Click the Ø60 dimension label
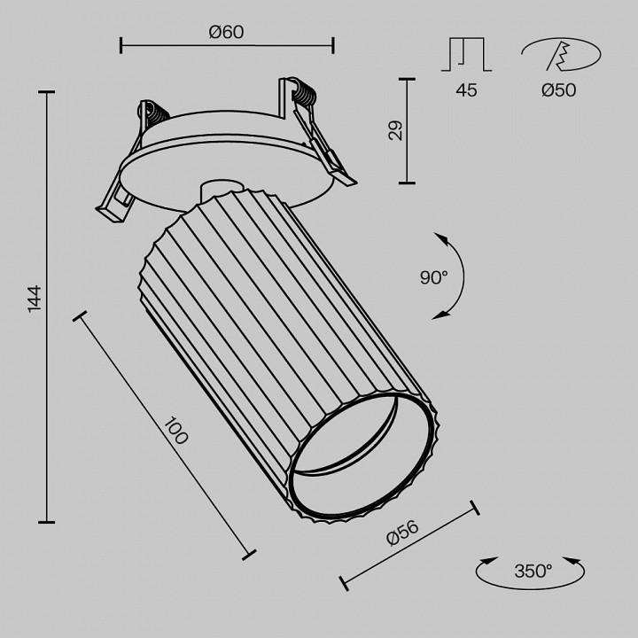pos(226,32)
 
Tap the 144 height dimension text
pos(35,300)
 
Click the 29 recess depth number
pos(396,131)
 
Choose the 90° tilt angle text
pos(434,277)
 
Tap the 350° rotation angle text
pos(533,571)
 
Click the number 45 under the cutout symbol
pos(466,89)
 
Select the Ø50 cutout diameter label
pos(558,89)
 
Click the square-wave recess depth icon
pos(467,54)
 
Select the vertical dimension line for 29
pos(408,131)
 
